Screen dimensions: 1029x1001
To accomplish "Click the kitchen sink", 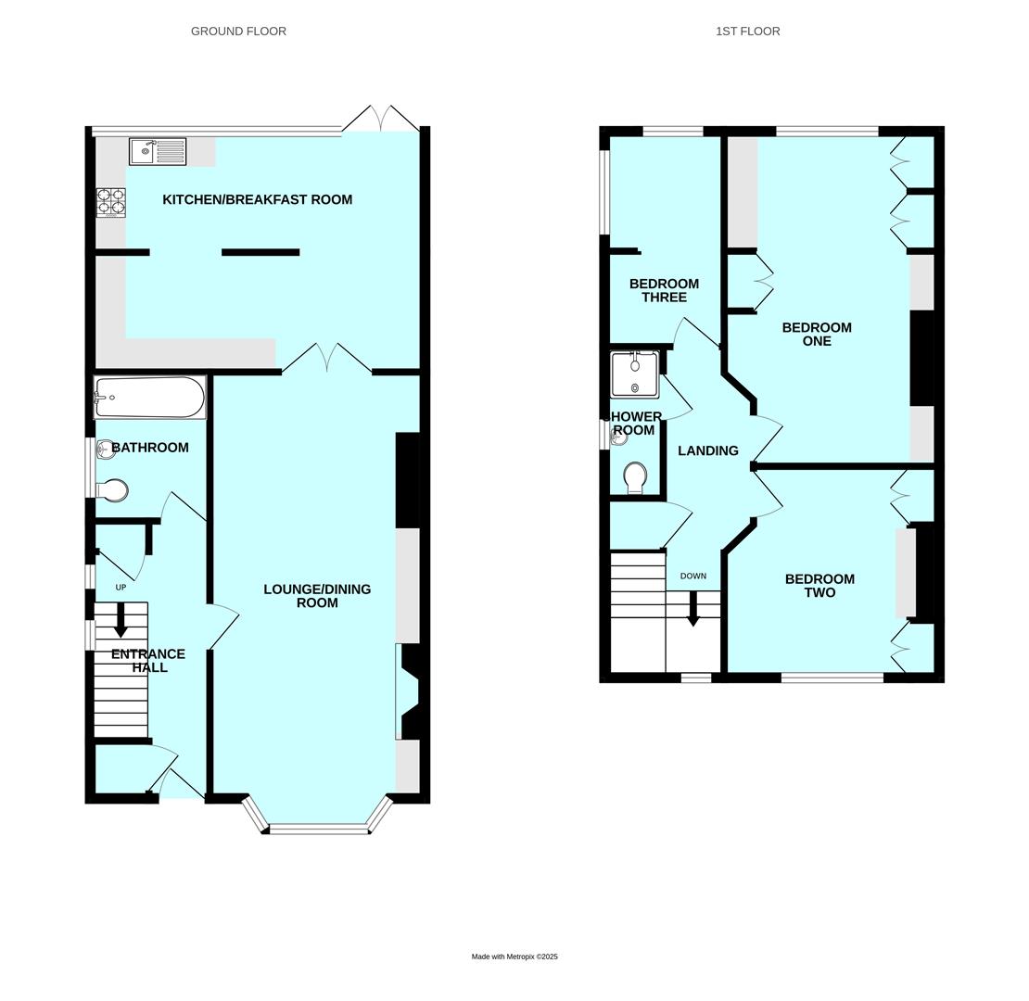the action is [158, 151].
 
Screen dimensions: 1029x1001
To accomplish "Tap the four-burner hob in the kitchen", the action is [111, 203].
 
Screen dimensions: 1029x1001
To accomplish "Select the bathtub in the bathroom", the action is [150, 397].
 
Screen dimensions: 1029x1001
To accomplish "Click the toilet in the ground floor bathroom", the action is [111, 489].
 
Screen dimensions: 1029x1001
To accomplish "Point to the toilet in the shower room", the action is [635, 477].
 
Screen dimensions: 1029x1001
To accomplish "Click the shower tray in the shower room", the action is [635, 374].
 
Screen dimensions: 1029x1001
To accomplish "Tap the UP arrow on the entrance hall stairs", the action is [121, 621].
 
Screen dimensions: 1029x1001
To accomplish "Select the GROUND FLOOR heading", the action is [238, 31].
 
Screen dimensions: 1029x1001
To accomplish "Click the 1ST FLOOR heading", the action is [747, 31].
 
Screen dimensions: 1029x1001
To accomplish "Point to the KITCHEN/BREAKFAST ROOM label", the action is [258, 199].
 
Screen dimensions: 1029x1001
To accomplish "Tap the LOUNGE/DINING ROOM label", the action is [317, 596].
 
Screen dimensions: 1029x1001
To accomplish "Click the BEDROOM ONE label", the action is [817, 334].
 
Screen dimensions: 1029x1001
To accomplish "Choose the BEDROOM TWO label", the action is [819, 585].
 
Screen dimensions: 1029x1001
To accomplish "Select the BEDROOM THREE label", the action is [664, 290].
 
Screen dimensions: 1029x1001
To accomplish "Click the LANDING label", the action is [708, 450].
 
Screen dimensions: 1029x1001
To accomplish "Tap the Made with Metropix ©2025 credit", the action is [514, 957].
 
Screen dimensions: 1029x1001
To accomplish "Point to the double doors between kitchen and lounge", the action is [327, 358].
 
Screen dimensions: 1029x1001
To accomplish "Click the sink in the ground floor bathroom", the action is [105, 450].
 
